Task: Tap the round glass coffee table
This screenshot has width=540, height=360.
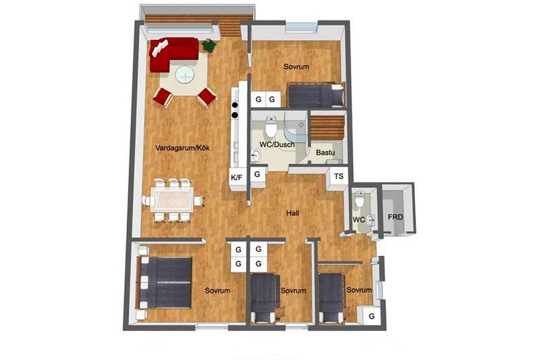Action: [x=185, y=75]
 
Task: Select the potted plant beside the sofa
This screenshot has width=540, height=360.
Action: [x=208, y=45]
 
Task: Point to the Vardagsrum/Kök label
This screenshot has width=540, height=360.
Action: [x=182, y=148]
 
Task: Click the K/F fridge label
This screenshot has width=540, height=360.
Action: [x=236, y=177]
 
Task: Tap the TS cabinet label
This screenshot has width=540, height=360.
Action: [x=338, y=176]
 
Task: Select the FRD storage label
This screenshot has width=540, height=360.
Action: [x=395, y=217]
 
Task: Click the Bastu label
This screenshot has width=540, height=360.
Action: [x=325, y=152]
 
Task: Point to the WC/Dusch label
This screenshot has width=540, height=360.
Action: [x=277, y=145]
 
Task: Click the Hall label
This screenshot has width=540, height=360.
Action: [x=292, y=213]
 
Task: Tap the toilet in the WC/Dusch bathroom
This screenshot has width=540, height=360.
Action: [x=272, y=126]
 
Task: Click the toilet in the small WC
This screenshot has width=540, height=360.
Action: [x=359, y=199]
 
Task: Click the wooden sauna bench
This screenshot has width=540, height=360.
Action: [x=327, y=128]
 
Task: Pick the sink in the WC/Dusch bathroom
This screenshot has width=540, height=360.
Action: [x=255, y=156]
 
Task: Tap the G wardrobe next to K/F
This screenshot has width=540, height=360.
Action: [x=257, y=175]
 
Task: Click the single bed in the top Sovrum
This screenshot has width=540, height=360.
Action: [x=316, y=95]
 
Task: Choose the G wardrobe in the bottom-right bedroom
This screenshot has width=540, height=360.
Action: [x=371, y=316]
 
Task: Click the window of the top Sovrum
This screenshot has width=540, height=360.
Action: [x=302, y=27]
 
